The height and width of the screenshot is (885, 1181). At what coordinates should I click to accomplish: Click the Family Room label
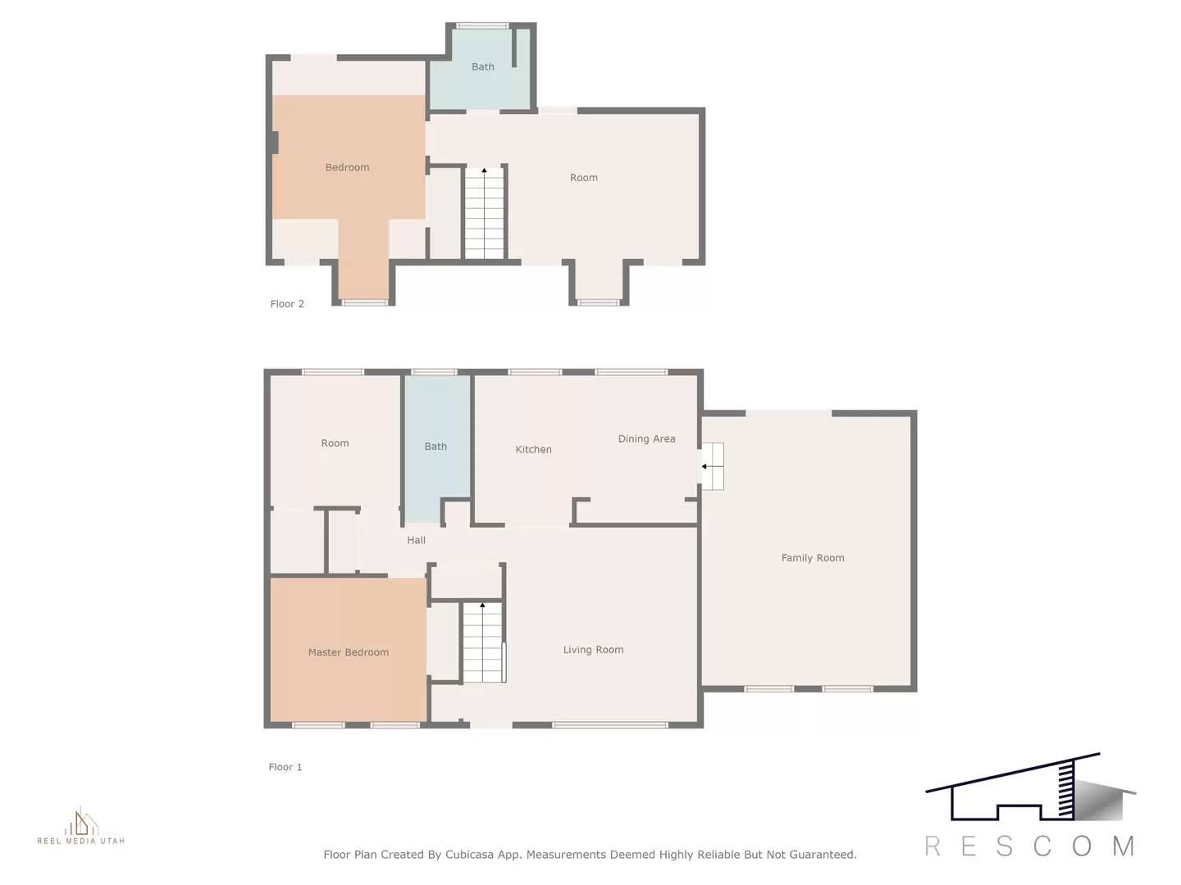pos(812,558)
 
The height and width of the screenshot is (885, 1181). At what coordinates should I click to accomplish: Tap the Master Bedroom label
pos(349,652)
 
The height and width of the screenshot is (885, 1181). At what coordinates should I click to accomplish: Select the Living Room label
pos(593,650)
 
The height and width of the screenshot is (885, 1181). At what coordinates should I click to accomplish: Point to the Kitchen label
pos(533,449)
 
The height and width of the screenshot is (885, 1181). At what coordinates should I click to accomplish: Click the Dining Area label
pos(646,439)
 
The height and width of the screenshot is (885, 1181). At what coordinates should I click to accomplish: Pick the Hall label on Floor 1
pos(416,541)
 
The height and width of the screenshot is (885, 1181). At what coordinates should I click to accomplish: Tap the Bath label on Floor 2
pos(482,67)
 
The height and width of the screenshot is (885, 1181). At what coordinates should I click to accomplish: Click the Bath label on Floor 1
pos(435,447)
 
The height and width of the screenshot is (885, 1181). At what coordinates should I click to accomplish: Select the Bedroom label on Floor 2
pos(347,167)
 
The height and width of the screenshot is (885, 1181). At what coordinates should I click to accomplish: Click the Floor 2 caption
pos(287,304)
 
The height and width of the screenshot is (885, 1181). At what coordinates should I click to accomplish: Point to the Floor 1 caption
pos(285,767)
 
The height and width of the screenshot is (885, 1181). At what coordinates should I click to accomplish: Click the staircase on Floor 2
pos(484,213)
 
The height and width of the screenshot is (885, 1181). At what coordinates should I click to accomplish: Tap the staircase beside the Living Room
pos(481,642)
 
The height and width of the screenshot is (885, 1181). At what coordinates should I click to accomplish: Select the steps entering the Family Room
pos(712,466)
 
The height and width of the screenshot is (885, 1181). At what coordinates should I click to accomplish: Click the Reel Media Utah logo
pos(80,826)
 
